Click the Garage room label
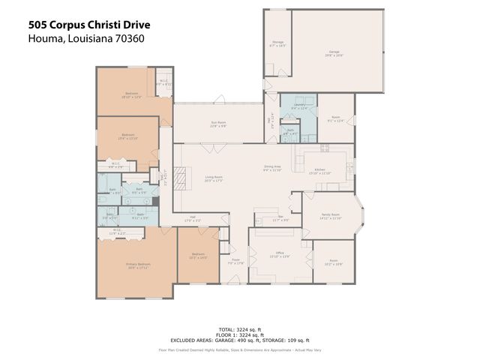point(334,54)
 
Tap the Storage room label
point(277,43)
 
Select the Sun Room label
point(218,124)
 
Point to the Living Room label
point(214,179)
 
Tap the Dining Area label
point(272,168)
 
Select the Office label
point(279,256)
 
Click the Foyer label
point(236,262)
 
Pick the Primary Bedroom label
point(138,266)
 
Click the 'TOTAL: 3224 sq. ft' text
point(240,329)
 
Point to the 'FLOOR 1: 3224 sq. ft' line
point(240,334)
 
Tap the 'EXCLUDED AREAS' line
point(240,340)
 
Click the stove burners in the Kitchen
point(325,148)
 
